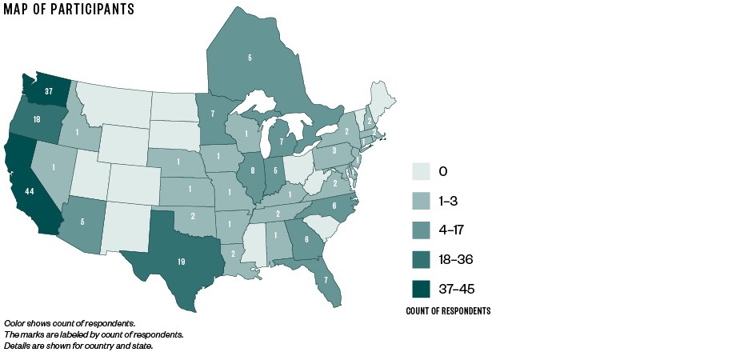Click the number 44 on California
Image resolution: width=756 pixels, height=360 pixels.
tap(30, 193)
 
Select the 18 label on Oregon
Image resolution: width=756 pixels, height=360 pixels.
tap(37, 119)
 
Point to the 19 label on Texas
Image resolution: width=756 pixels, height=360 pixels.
tap(181, 261)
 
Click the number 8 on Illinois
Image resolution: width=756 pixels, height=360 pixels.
tap(251, 170)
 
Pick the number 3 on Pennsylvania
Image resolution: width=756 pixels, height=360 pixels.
tap(334, 150)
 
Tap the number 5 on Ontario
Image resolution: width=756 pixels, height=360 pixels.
tap(250, 58)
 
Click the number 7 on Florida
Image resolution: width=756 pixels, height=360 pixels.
tap(326, 280)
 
